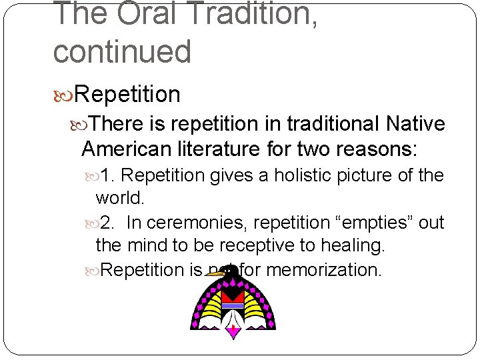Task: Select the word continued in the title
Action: (x=122, y=52)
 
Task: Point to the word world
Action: (x=119, y=198)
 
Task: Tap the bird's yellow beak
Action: (x=213, y=273)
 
